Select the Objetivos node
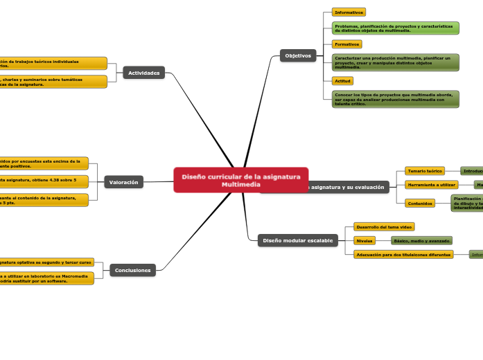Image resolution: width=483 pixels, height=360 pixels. click(298, 55)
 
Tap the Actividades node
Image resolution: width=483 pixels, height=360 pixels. click(144, 73)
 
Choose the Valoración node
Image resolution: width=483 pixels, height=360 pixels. click(124, 182)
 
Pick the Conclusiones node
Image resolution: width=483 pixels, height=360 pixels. click(132, 270)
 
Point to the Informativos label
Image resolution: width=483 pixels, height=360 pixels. click(349, 12)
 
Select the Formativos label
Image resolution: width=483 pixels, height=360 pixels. click(346, 44)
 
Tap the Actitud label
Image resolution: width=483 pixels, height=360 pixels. click(343, 81)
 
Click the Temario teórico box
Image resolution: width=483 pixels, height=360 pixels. click(425, 170)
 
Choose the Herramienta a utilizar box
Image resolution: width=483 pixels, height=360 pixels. click(431, 185)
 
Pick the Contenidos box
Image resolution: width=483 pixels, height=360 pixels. click(420, 204)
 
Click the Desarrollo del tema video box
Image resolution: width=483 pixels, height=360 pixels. click(384, 226)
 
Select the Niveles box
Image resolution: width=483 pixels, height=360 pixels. click(365, 240)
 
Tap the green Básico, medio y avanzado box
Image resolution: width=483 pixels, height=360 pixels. click(421, 240)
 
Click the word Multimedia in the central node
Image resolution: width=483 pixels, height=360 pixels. click(241, 184)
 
